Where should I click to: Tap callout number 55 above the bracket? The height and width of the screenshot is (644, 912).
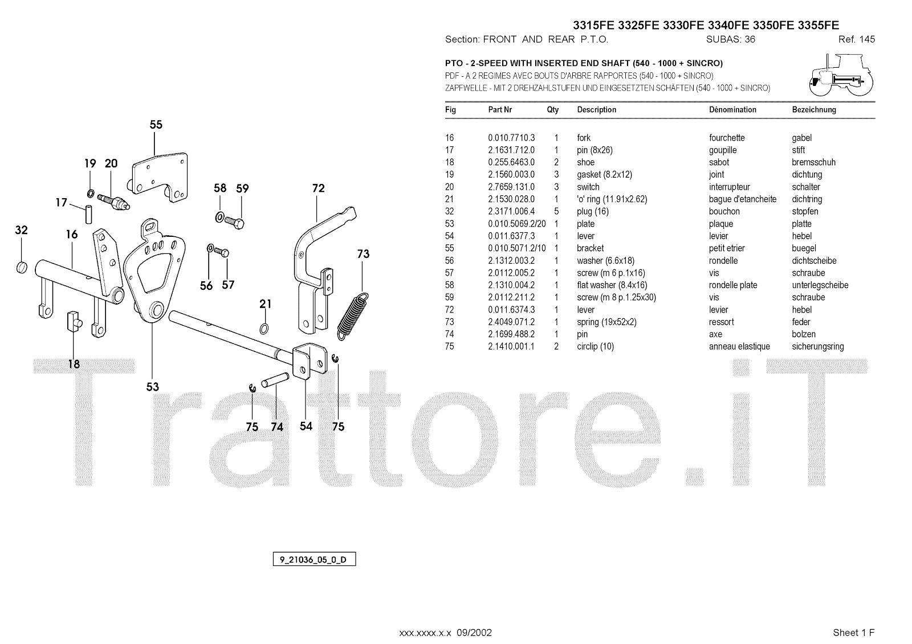pos(156,125)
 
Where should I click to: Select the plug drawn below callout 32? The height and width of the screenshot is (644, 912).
pos(21,266)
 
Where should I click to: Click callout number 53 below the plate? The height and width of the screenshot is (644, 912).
pos(152,387)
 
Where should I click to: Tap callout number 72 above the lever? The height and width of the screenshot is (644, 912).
pos(318,188)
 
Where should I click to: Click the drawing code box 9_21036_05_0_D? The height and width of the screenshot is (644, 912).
pos(314,560)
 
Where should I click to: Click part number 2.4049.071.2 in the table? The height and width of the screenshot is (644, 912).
pos(511,322)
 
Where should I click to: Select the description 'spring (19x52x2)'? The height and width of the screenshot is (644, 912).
pos(606,322)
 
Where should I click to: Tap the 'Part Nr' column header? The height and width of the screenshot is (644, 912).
pos(500,110)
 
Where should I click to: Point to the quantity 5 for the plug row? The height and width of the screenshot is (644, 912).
pos(556,211)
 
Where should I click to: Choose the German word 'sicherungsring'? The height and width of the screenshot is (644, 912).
pos(817,347)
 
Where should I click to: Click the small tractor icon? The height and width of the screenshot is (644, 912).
pos(841,75)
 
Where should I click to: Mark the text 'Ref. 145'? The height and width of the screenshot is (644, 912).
pos(856,40)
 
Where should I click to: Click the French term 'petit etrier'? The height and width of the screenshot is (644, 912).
pos(727,248)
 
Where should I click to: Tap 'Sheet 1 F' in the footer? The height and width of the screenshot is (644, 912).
pos(853,633)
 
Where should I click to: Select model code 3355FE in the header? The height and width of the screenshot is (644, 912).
pos(818,25)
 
